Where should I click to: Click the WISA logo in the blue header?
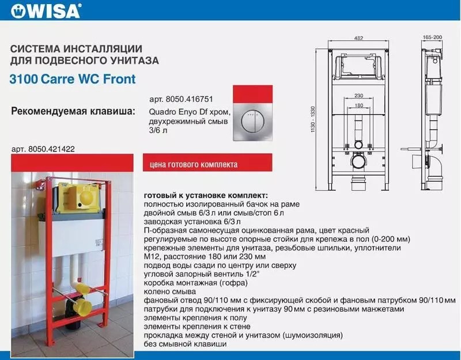coord(46,11)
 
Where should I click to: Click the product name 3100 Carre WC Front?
coord(73,79)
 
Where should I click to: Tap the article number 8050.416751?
coord(181,99)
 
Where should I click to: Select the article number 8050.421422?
coord(43,149)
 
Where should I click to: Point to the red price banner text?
coord(194,164)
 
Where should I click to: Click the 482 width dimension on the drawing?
coord(358,38)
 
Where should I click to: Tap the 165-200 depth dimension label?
coord(433,37)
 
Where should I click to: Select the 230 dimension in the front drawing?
coord(358,96)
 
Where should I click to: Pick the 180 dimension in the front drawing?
coord(358,105)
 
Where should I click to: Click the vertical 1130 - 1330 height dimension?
coord(313,119)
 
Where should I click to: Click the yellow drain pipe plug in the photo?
coord(84,306)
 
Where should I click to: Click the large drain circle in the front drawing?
coord(358,162)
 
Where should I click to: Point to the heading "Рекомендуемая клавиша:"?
coord(73,112)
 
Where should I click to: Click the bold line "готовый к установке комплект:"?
coord(206,195)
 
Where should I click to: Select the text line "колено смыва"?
coord(170,292)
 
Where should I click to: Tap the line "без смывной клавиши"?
coord(185,344)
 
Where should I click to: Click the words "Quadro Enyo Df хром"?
coord(190,112)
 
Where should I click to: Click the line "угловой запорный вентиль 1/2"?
coord(202,274)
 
